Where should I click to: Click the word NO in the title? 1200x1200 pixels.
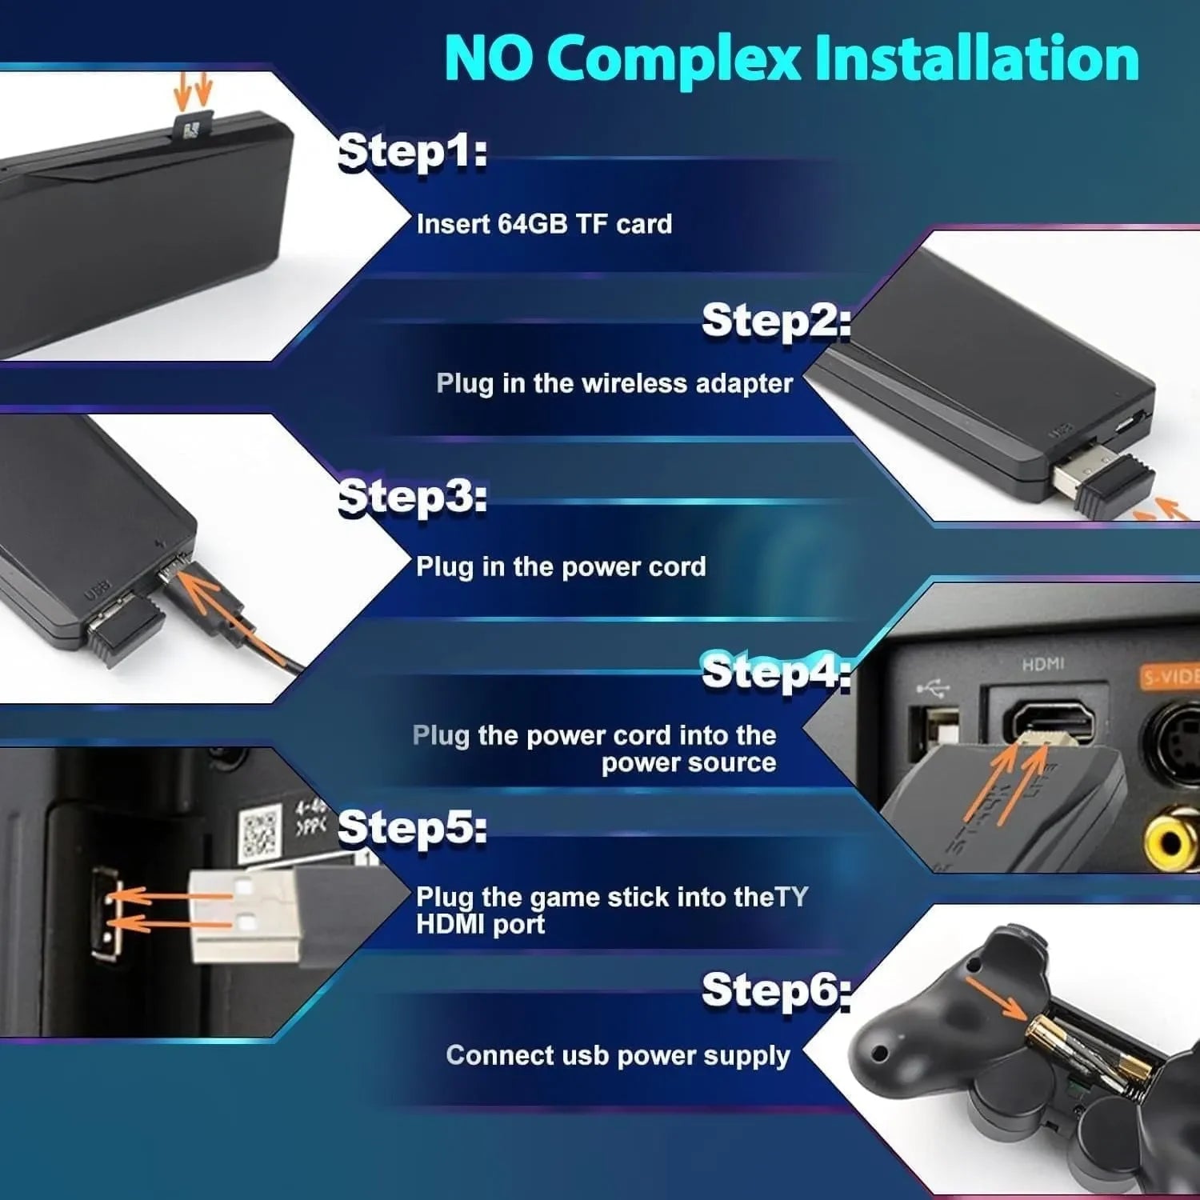click(x=488, y=58)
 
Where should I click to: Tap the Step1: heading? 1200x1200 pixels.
click(x=412, y=151)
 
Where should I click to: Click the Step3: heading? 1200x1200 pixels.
click(x=412, y=498)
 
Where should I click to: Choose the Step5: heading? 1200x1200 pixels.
click(x=412, y=827)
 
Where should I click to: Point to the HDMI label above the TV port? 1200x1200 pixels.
click(x=1043, y=664)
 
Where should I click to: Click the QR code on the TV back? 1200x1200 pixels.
click(x=261, y=833)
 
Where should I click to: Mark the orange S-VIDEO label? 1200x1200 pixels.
click(x=1170, y=678)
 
